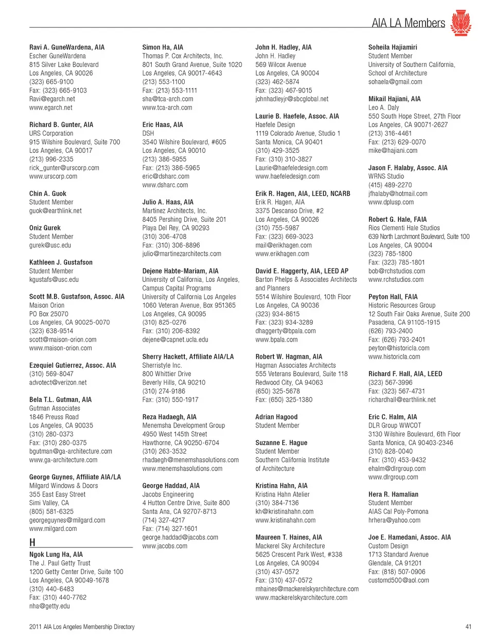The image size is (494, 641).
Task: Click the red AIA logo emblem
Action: click(x=461, y=23)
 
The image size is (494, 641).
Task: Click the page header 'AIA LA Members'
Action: click(x=408, y=23)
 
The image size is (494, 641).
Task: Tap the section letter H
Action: click(x=32, y=542)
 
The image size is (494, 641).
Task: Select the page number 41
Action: click(x=468, y=627)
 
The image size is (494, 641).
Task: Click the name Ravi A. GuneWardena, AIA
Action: click(x=67, y=47)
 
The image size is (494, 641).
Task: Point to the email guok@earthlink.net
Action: click(x=56, y=211)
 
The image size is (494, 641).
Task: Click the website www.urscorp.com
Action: click(x=53, y=176)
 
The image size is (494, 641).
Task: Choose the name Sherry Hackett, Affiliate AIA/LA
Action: click(x=188, y=357)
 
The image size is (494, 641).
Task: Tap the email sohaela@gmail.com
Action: click(x=395, y=82)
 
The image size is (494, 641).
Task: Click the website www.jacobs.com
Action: click(x=165, y=546)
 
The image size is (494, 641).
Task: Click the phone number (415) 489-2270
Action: click(x=390, y=185)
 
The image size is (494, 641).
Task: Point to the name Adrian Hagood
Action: click(x=276, y=417)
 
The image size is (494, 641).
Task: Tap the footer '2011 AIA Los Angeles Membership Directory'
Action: click(x=82, y=627)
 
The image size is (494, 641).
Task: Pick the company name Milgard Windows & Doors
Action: click(x=63, y=486)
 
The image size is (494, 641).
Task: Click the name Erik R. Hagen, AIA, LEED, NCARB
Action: click(x=303, y=194)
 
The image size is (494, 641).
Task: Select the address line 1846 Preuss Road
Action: click(x=54, y=417)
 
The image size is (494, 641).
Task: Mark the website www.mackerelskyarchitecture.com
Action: click(x=301, y=598)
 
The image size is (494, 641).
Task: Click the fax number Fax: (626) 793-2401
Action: click(x=397, y=340)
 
